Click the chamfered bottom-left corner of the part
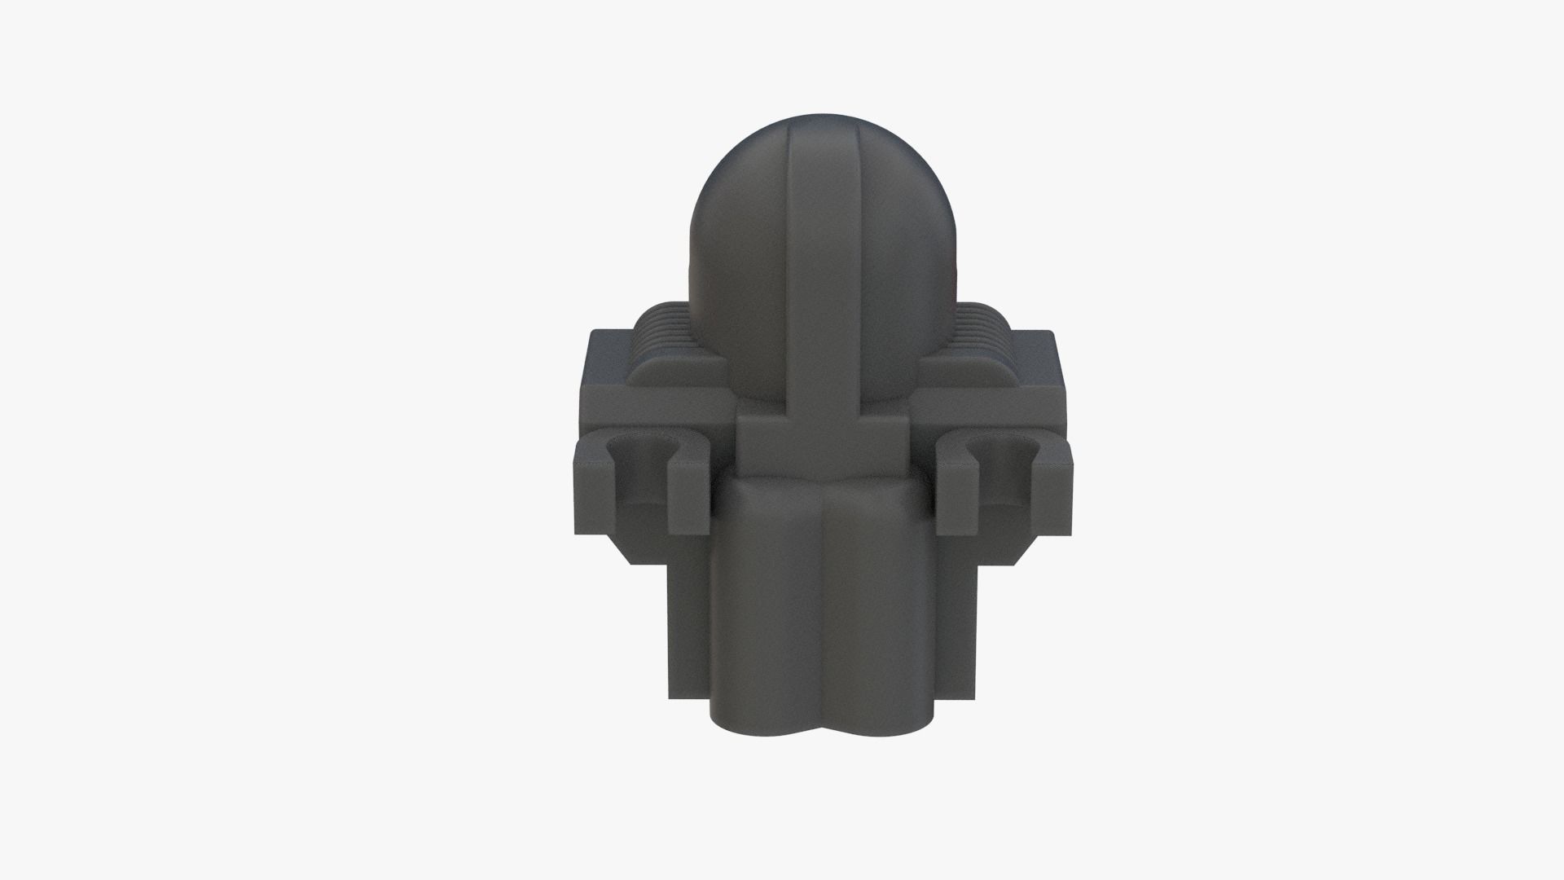tap(623, 549)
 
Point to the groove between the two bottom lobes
tap(824, 636)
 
